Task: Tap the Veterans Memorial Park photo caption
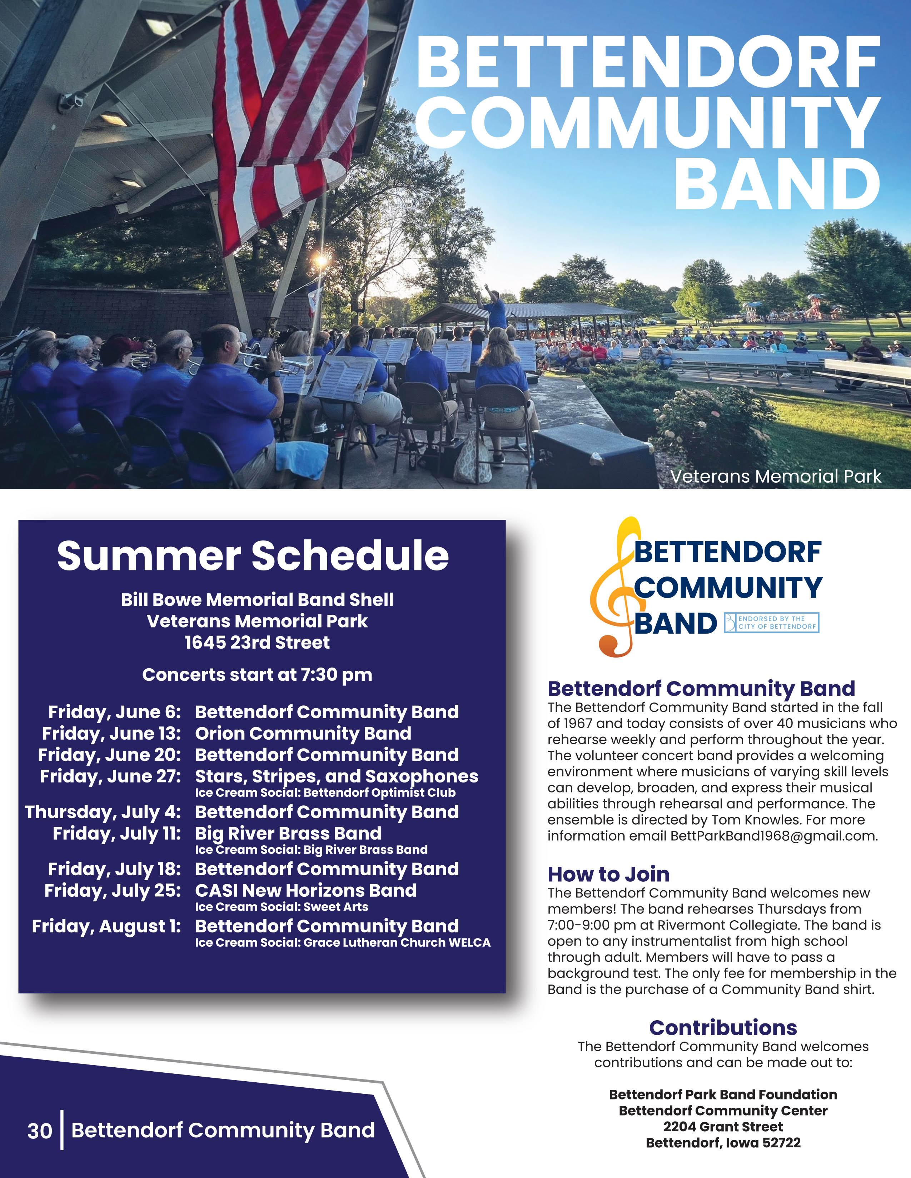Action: tap(776, 476)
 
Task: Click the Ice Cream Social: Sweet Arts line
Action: tap(282, 907)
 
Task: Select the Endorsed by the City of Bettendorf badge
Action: tap(771, 623)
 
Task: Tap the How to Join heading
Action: tap(609, 874)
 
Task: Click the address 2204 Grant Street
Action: tap(723, 1127)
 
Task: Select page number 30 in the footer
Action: tap(40, 1131)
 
